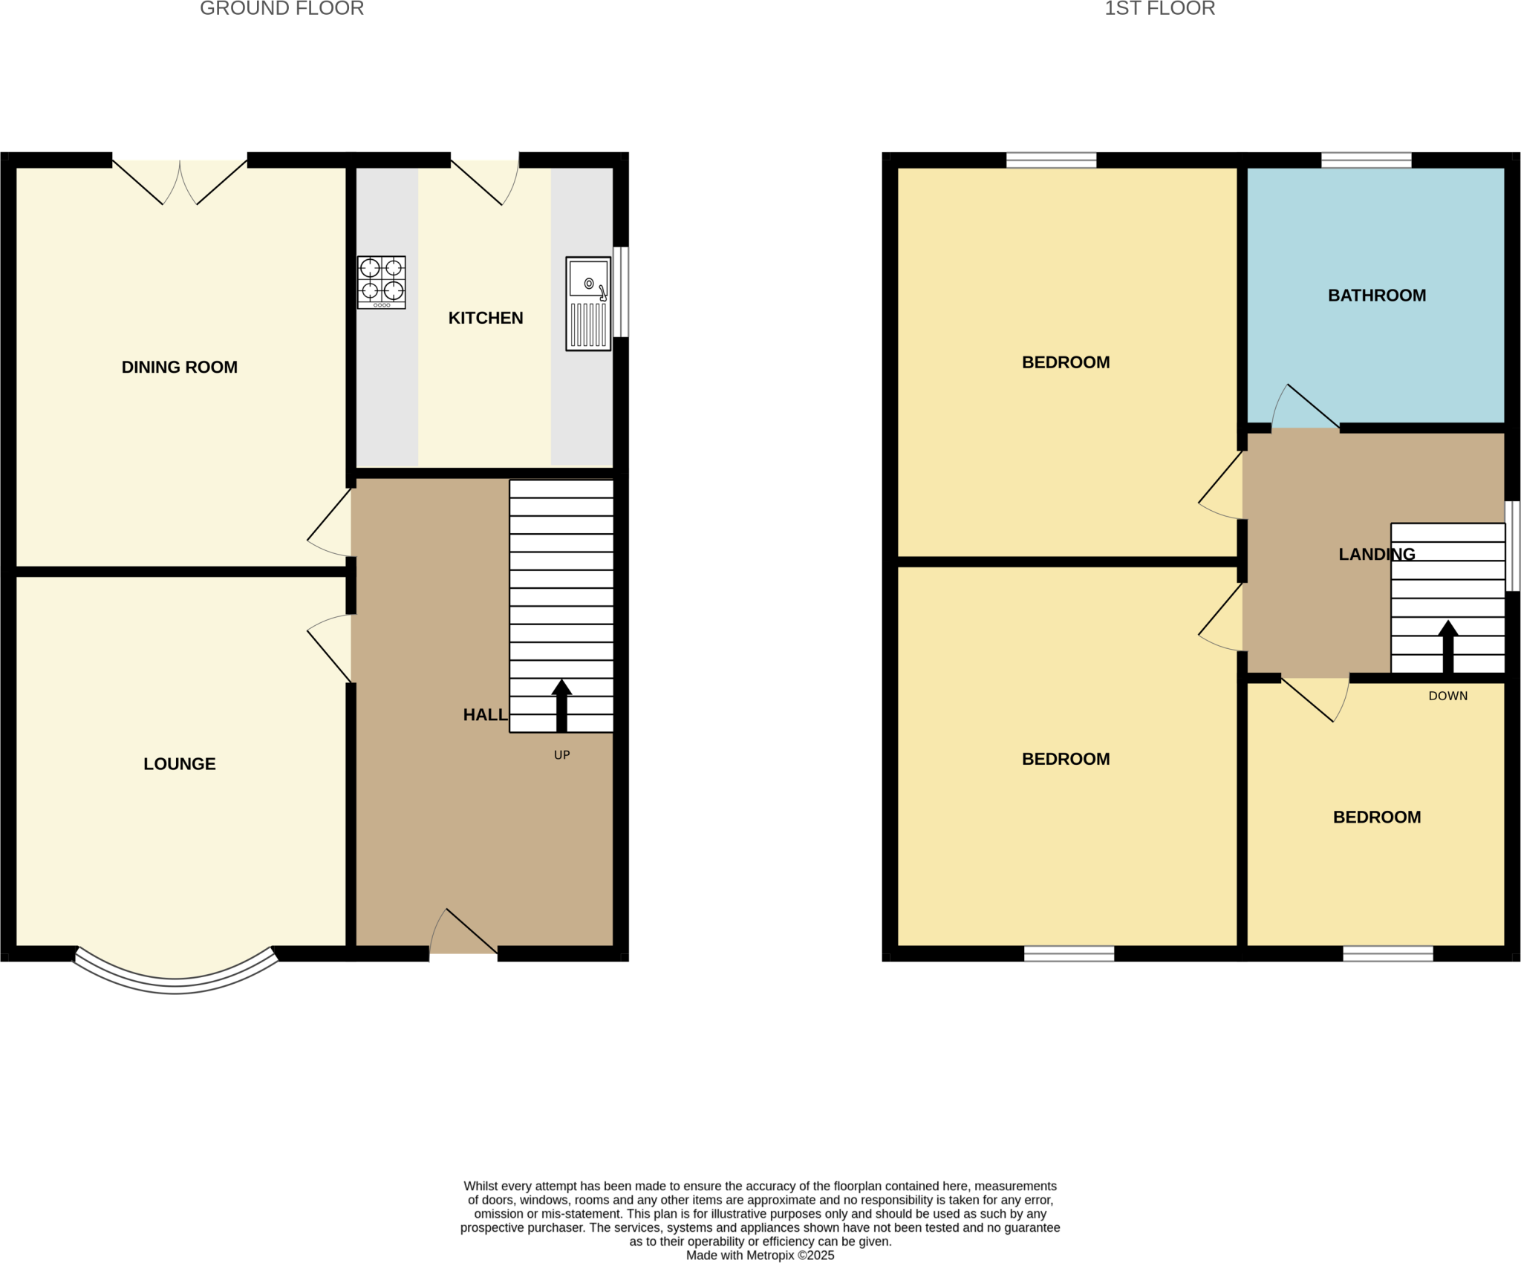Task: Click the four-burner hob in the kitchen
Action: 381,282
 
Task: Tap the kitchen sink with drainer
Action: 587,303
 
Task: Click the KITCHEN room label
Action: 485,318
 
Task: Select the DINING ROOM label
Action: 179,367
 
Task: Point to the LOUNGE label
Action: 179,763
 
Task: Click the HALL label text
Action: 484,714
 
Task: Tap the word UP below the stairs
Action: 561,754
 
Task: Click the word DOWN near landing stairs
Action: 1447,696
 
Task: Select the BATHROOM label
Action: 1376,296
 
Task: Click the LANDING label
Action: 1376,554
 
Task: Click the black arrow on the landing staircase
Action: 1447,646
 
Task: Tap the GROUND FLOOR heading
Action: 281,9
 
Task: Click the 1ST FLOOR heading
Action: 1159,9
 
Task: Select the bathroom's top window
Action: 1366,160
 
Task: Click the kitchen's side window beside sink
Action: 621,292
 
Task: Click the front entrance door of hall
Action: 463,936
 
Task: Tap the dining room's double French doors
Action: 180,182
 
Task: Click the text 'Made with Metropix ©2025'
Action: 760,1255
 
